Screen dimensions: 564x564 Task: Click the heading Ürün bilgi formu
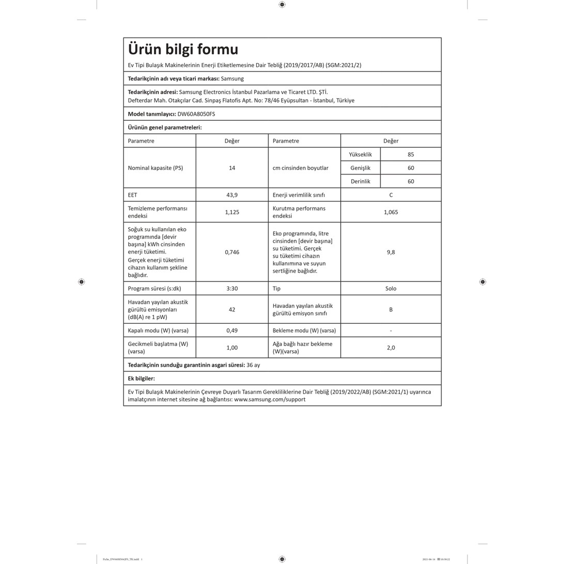click(x=183, y=50)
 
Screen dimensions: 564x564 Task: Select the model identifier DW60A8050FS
click(x=196, y=114)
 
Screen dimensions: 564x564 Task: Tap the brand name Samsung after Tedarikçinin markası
click(x=232, y=79)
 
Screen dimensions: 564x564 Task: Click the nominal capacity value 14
click(x=232, y=168)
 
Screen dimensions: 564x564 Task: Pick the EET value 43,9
click(x=232, y=195)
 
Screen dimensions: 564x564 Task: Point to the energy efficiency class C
click(x=391, y=195)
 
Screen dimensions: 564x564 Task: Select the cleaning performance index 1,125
click(x=232, y=212)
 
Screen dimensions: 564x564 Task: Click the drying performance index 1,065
click(x=391, y=212)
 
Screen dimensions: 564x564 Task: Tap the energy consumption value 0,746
click(x=232, y=252)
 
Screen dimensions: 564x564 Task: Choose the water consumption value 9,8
click(x=391, y=252)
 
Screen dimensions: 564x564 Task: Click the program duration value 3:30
click(x=232, y=289)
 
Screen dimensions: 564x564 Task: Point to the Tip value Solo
click(x=391, y=289)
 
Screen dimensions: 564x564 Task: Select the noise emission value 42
click(x=232, y=309)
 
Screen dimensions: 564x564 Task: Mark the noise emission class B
click(x=391, y=309)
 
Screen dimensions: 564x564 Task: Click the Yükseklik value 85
click(x=411, y=154)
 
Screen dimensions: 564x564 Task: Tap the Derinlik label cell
click(x=361, y=181)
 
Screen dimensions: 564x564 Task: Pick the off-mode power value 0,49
click(x=232, y=331)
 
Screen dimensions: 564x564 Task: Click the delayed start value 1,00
click(x=232, y=348)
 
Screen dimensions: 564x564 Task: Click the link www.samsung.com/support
click(x=270, y=399)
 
